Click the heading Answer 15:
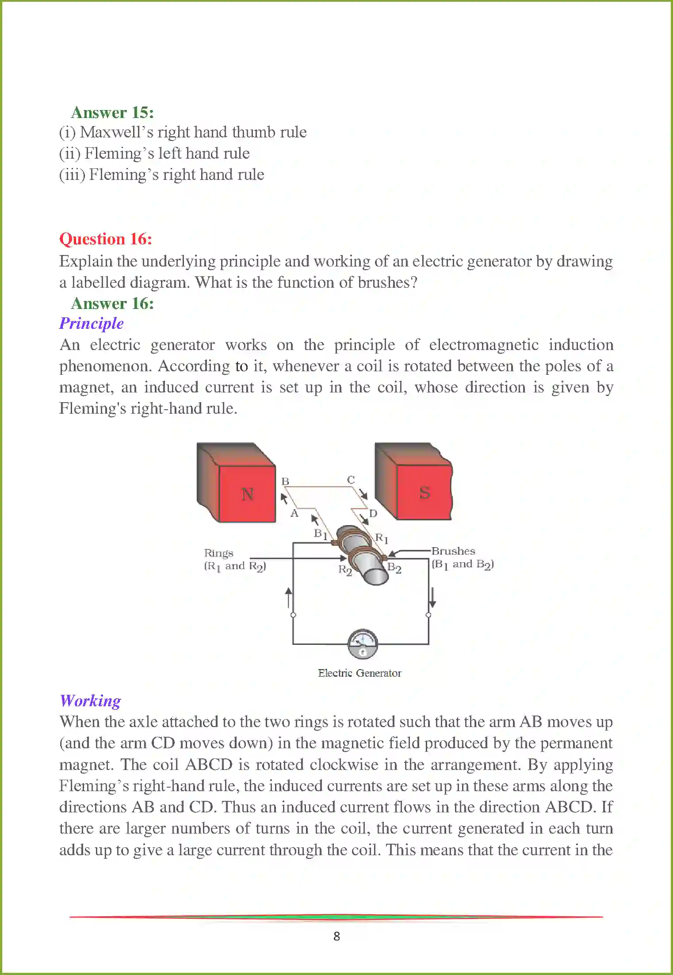(x=112, y=112)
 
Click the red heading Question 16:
(x=106, y=239)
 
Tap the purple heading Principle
(x=92, y=323)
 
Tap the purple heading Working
(x=90, y=701)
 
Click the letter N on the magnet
(x=247, y=494)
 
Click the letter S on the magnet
(x=424, y=492)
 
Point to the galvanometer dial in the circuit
(x=362, y=644)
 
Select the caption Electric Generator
(x=359, y=673)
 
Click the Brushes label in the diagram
(x=453, y=551)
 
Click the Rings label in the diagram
(x=218, y=553)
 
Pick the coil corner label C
(x=351, y=480)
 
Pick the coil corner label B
(x=285, y=481)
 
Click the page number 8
(x=336, y=936)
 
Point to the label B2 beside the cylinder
(x=394, y=568)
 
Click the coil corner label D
(x=373, y=513)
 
